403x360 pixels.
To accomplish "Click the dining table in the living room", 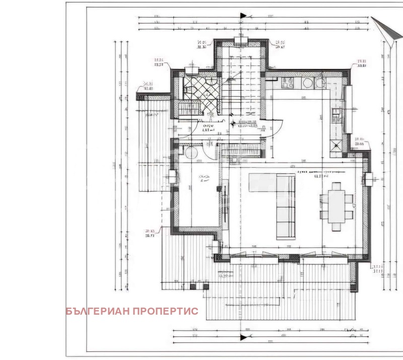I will pos(336,206).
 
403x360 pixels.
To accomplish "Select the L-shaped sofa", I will pos(285,206).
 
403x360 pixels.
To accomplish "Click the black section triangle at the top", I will pos(243,16).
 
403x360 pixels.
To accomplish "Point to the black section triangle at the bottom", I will pos(243,337).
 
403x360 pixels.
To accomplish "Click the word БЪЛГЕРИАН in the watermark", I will pos(98,311).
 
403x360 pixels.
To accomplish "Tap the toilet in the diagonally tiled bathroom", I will pos(187,90).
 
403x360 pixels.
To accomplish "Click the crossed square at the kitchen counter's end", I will pos(336,146).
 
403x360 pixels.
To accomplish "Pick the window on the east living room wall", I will pos(368,178).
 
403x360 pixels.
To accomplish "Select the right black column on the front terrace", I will pos(205,286).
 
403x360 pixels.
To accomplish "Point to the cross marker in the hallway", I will pos(232,123).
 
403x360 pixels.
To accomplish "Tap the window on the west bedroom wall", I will pos(173,176).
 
